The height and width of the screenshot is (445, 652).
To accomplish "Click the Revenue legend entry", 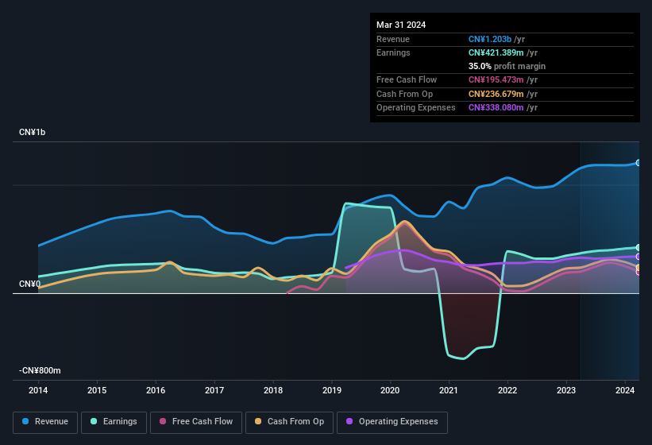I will click(x=45, y=422).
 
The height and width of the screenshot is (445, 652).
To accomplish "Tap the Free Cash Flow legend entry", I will click(x=196, y=422).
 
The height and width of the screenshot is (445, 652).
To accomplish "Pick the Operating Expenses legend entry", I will click(x=392, y=422).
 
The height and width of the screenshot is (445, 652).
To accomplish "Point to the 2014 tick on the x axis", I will click(x=38, y=390).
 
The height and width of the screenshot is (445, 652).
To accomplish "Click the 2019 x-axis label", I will click(x=332, y=390).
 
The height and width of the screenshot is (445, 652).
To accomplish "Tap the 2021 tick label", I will click(x=449, y=390).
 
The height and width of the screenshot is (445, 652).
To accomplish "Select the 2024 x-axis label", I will click(x=625, y=390).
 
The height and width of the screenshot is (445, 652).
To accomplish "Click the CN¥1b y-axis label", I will click(x=33, y=132).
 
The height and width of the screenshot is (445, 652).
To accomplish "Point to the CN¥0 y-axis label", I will click(x=29, y=284).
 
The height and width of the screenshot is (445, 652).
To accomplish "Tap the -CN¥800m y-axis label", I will click(x=40, y=371).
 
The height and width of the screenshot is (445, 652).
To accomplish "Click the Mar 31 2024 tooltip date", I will click(x=401, y=25).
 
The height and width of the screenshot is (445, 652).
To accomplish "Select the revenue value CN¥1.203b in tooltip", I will click(x=490, y=39).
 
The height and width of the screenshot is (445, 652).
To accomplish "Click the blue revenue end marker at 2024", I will click(x=638, y=162).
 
